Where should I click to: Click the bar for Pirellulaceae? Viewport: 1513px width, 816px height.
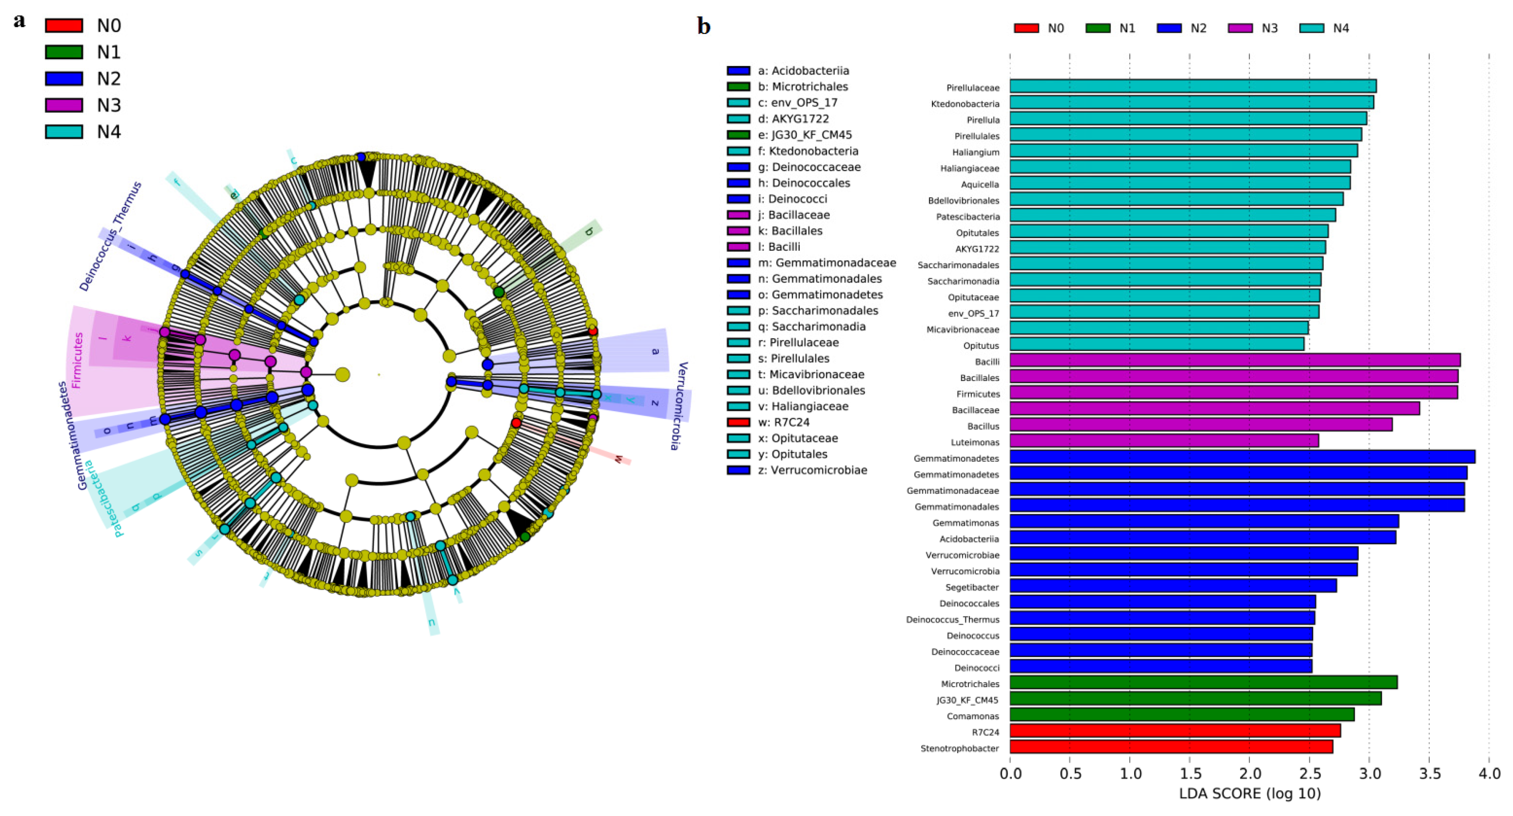1192,86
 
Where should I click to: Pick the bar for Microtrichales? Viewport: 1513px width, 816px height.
1203,682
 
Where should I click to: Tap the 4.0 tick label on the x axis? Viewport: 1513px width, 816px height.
1489,773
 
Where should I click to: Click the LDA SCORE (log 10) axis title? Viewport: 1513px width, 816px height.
1250,794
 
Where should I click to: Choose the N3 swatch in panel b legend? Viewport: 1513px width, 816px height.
1240,28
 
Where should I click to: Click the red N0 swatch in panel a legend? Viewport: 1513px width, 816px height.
64,26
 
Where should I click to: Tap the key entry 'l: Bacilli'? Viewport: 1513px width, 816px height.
778,247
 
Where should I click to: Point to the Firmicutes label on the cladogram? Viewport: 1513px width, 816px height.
77,360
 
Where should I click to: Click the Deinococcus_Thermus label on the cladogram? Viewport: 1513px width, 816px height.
111,237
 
